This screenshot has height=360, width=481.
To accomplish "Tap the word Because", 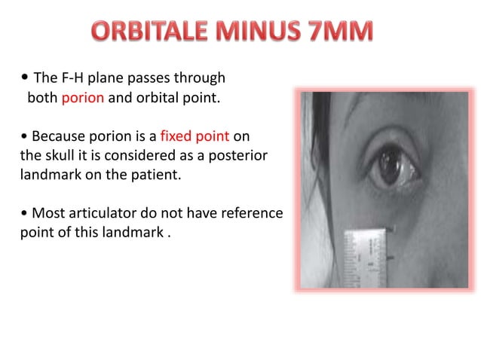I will (57, 137).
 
